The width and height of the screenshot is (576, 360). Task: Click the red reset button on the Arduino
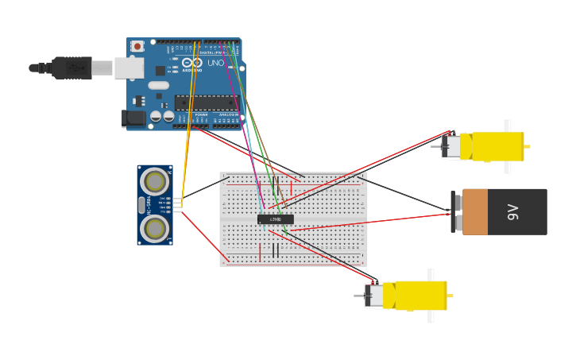pyautogui.click(x=137, y=47)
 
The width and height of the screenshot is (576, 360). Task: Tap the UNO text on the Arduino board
pyautogui.click(x=215, y=63)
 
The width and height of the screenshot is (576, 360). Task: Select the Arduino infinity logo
pyautogui.click(x=192, y=63)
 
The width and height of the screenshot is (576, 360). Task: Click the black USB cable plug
pyautogui.click(x=72, y=68)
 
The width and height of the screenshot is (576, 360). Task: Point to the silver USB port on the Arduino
pyautogui.click(x=128, y=68)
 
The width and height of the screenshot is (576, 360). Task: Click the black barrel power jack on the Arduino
pyautogui.click(x=133, y=118)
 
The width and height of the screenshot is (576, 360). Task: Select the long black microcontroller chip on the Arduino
pyautogui.click(x=206, y=103)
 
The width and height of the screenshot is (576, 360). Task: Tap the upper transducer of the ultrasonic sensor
pyautogui.click(x=155, y=182)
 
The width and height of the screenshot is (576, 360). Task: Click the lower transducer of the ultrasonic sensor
pyautogui.click(x=155, y=229)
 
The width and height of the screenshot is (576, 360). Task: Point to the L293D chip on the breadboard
pyautogui.click(x=276, y=219)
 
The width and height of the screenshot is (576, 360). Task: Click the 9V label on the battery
pyautogui.click(x=513, y=212)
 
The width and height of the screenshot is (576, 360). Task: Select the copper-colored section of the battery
pyautogui.click(x=475, y=212)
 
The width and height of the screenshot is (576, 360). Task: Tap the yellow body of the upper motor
pyautogui.click(x=497, y=147)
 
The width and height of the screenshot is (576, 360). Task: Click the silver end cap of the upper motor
pyautogui.click(x=451, y=147)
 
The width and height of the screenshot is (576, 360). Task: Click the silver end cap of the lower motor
pyautogui.click(x=373, y=296)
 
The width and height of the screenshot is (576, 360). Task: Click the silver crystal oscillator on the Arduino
pyautogui.click(x=158, y=85)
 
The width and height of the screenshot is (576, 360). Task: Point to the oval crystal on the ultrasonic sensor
pyautogui.click(x=155, y=205)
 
